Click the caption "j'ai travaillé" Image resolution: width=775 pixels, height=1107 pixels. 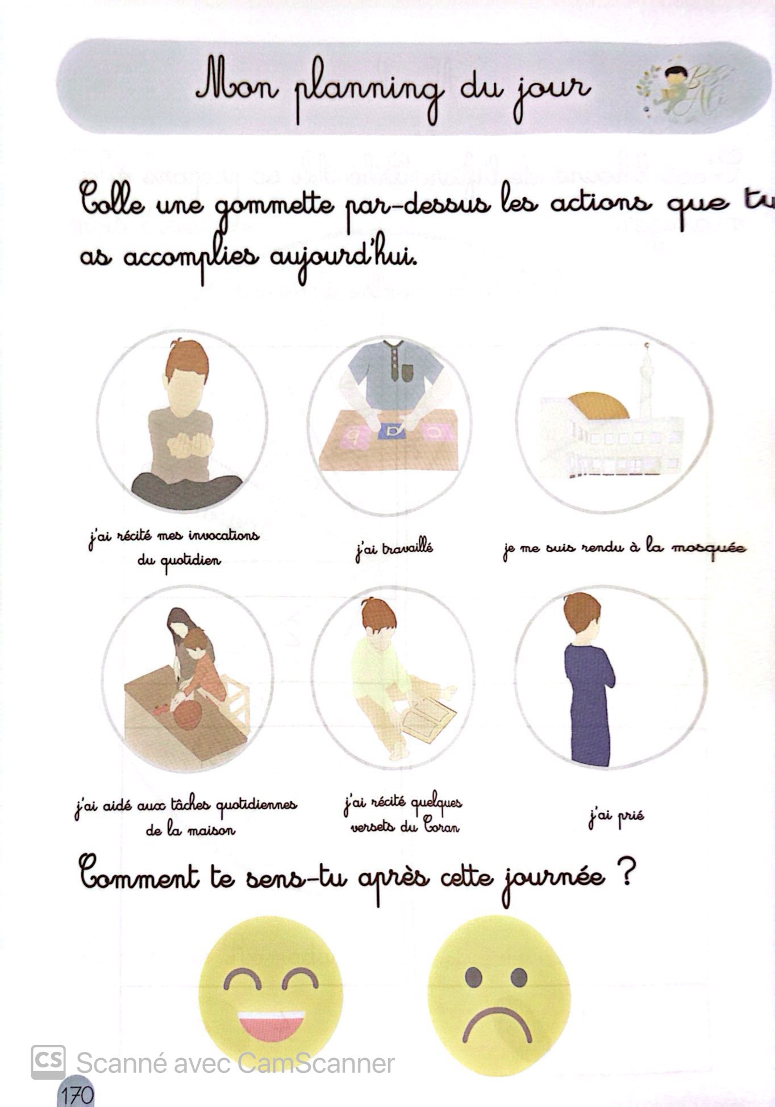pos(394,550)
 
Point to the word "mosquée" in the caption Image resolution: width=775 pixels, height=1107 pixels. pos(709,549)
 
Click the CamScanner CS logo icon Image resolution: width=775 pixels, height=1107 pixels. pos(48,1062)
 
